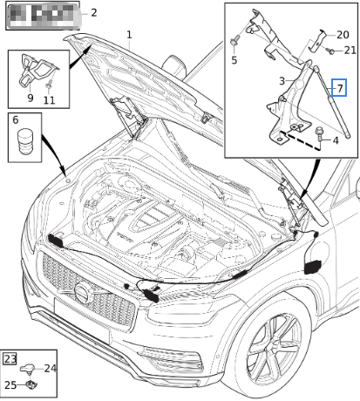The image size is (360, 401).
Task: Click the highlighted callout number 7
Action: [341, 88]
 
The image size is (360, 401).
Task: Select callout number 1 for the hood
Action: [129, 35]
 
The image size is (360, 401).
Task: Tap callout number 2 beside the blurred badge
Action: [93, 13]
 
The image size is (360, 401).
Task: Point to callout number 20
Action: [343, 34]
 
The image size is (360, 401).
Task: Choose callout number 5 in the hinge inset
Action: [234, 60]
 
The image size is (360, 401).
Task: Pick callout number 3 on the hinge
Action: [282, 81]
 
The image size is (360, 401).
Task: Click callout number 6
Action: [14, 118]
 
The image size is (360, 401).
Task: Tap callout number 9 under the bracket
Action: [30, 99]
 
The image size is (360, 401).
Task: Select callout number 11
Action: [49, 99]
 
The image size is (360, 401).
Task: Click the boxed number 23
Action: [10, 358]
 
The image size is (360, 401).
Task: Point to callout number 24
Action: [50, 369]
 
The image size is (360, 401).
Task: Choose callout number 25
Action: [10, 384]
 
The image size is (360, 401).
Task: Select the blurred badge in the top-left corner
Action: [40, 13]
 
